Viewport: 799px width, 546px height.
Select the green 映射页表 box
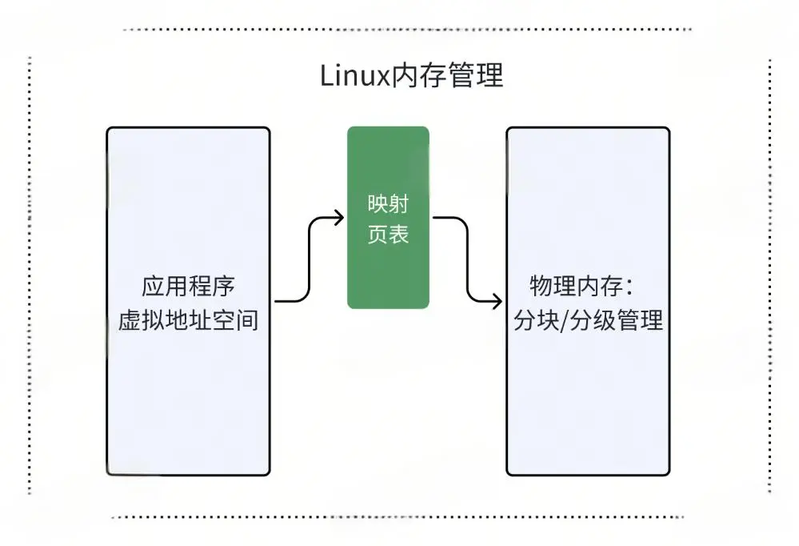pos(388,217)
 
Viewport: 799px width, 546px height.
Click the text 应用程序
pos(188,287)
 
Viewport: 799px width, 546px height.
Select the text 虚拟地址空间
pos(188,322)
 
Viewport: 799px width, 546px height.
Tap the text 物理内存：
pos(583,287)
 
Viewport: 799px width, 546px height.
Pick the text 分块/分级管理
pos(588,322)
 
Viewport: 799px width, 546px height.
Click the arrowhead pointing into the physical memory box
pos(498,299)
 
